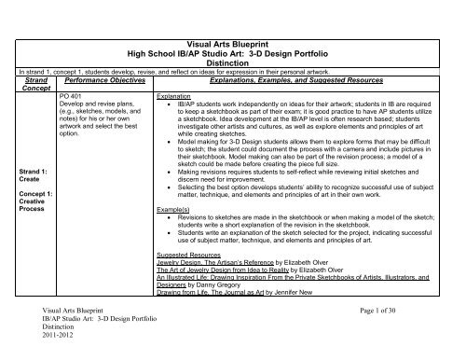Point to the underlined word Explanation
[x=174, y=95]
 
